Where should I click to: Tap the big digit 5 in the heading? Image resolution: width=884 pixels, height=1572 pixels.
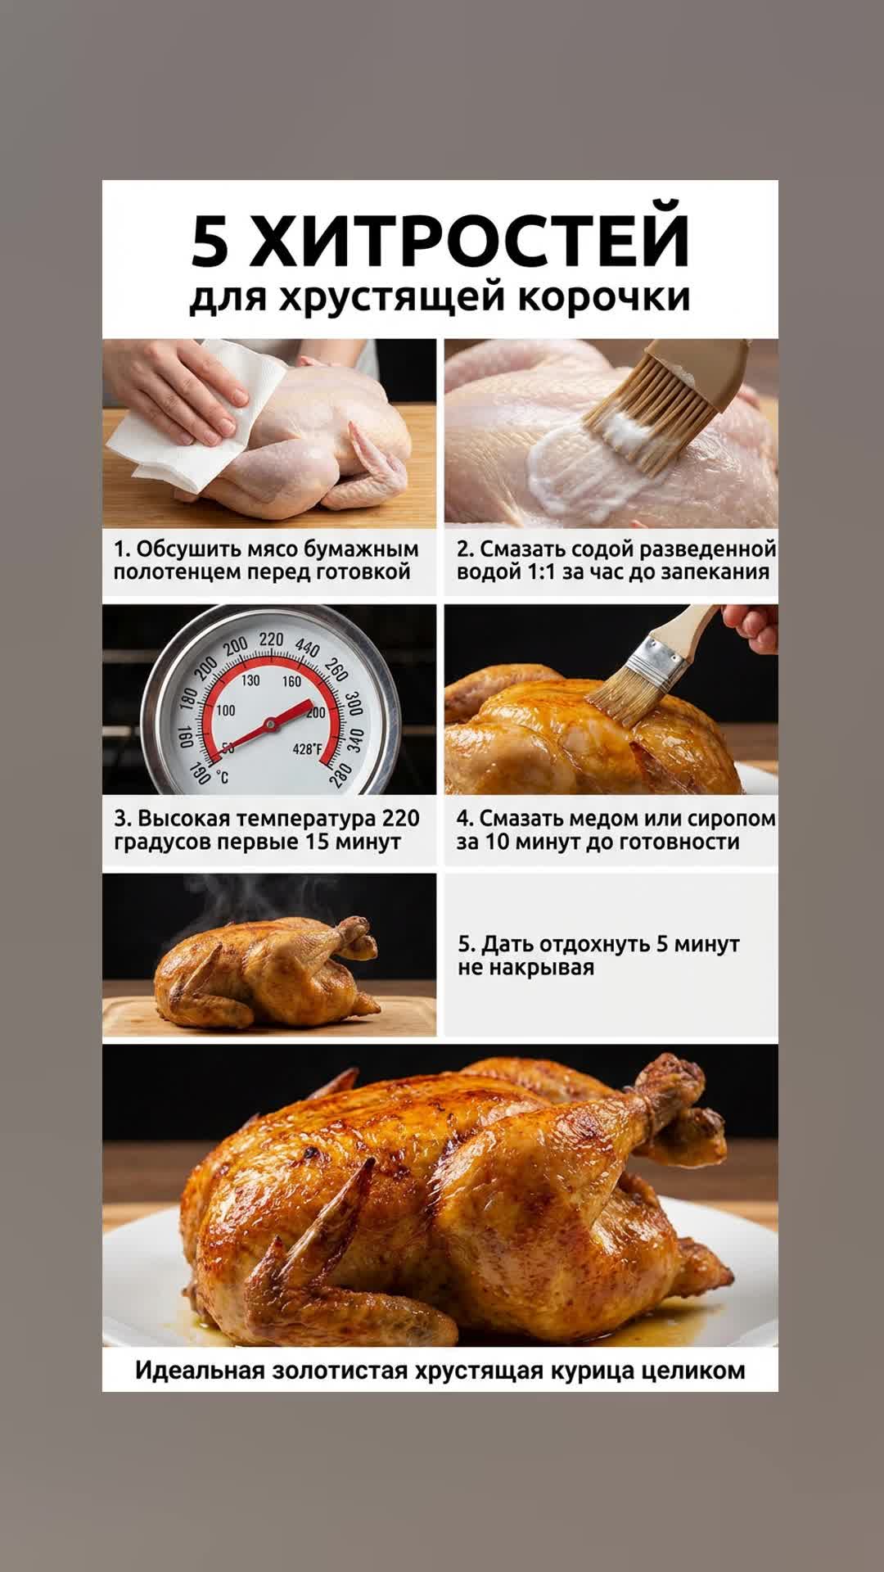210,243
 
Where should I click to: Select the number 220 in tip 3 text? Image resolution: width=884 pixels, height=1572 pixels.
400,819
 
